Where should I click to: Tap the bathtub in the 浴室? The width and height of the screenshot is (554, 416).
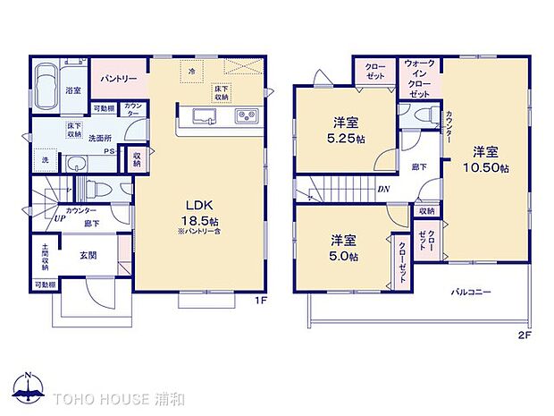[46, 88]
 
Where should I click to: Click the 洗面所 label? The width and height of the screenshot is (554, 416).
[98, 139]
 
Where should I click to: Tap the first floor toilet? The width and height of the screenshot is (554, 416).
[100, 190]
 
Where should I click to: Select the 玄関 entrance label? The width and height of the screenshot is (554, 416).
[88, 255]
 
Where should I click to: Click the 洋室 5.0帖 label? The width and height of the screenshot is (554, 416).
[344, 248]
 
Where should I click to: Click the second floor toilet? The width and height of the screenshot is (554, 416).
[424, 115]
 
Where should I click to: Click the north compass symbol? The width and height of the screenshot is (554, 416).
[30, 386]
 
